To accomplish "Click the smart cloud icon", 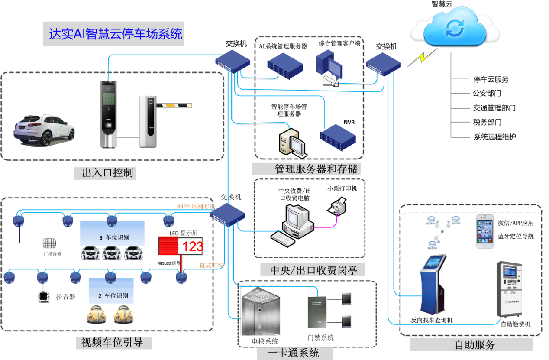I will [455, 29].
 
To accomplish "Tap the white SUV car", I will [44, 129].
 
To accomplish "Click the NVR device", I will [338, 137].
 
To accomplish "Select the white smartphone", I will [484, 231].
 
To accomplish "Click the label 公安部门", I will [487, 93].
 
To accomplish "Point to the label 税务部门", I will [487, 122].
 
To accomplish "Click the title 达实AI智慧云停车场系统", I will [116, 34].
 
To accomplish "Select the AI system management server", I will [284, 66].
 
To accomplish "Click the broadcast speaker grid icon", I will [49, 243].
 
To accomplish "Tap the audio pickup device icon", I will [43, 296].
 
